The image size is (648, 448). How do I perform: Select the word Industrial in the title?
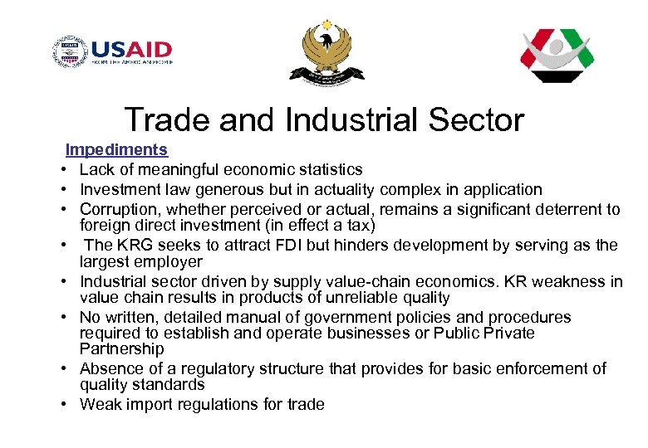coord(350,120)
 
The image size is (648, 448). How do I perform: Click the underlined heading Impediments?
coord(116,150)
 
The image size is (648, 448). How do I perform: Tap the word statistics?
coord(327,169)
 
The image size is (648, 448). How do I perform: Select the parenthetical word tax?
coord(361,226)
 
